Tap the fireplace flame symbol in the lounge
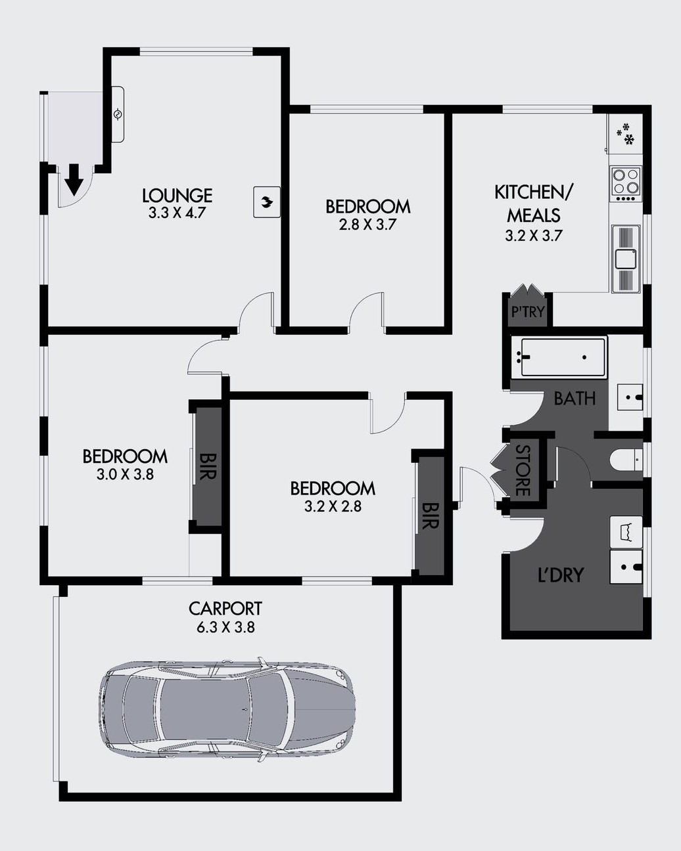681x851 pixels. pos(267,202)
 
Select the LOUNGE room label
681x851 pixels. pos(177,195)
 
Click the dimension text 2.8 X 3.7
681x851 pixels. pos(367,225)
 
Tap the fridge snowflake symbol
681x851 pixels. pos(625,134)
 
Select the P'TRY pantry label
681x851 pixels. pos(528,311)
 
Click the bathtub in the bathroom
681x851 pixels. pos(563,357)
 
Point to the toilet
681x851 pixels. pos(625,460)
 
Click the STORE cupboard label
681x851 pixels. pos(523,470)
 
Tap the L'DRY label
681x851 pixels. pos(560,575)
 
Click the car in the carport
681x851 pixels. pos(227,709)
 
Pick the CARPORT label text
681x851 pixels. pos(225,609)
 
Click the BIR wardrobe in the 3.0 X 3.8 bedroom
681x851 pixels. pos(208,466)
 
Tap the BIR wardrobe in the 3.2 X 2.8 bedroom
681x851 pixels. pos(430,516)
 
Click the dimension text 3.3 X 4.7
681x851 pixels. pos(177,213)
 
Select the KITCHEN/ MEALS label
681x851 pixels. pos(534,204)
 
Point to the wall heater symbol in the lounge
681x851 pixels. pos(118,114)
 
